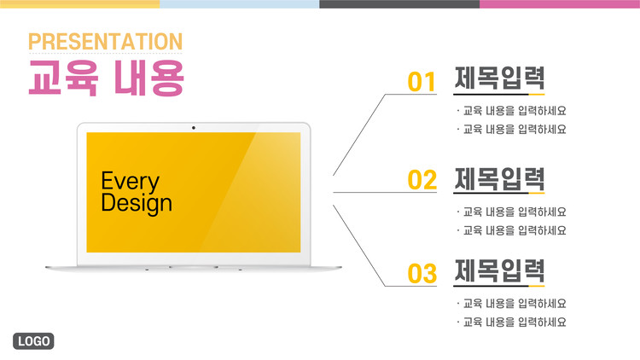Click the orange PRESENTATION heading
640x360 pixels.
pos(105,42)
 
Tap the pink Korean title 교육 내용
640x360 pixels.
pos(107,78)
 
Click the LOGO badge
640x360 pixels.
pos(33,341)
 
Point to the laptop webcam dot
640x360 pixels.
pos(194,128)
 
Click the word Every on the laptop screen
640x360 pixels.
pos(131,182)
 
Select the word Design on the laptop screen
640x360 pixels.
pos(137,203)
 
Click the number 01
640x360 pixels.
pos(422,82)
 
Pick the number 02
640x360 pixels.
pos(422,180)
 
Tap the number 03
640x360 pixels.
pos(422,274)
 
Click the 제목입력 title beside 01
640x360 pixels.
pos(499,78)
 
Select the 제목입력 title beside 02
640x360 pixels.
pos(499,179)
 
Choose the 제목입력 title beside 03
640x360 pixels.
pos(499,270)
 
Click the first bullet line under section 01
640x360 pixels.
pos(511,111)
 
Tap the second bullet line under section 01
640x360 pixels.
pos(511,130)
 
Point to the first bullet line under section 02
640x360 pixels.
pos(511,212)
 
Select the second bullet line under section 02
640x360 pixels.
pos(511,230)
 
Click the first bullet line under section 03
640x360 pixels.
pos(511,303)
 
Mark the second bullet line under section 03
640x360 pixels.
pos(511,322)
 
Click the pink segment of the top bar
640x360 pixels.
pos(560,4)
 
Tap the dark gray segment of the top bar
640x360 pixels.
pos(399,4)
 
